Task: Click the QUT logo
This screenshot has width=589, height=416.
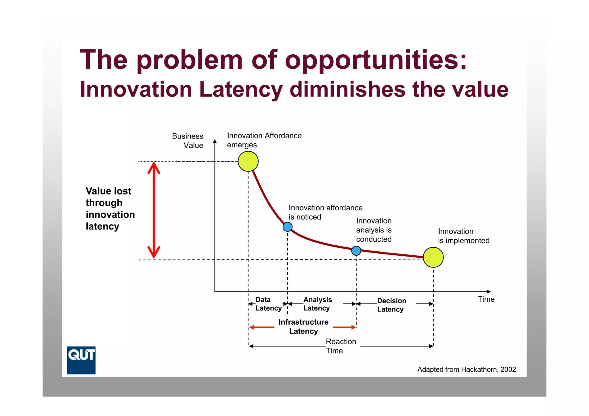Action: coord(81,360)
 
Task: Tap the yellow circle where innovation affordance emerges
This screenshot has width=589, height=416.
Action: coord(248,161)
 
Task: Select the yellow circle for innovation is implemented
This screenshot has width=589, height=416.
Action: coord(433,257)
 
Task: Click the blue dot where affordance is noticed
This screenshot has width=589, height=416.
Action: coord(288,227)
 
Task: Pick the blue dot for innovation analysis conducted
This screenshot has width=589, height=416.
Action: coord(356,251)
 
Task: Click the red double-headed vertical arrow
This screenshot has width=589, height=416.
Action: coord(154,210)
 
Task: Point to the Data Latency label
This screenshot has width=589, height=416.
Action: coord(268,304)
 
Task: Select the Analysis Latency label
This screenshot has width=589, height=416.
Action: coord(317,304)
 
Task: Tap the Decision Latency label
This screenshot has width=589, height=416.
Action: coord(391,305)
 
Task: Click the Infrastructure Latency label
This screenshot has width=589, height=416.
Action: coord(303,326)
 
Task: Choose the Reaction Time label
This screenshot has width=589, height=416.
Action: coord(341,346)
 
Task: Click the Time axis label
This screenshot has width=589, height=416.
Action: coord(486,299)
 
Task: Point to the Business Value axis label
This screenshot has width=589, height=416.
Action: coord(188,140)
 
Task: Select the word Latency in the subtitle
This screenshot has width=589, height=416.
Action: coord(241,89)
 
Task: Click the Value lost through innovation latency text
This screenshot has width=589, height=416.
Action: coord(110,209)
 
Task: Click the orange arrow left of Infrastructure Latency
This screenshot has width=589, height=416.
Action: coord(262,327)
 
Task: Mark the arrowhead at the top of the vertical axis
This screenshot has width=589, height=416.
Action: coord(215,141)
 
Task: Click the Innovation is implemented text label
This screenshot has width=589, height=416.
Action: coord(463,236)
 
